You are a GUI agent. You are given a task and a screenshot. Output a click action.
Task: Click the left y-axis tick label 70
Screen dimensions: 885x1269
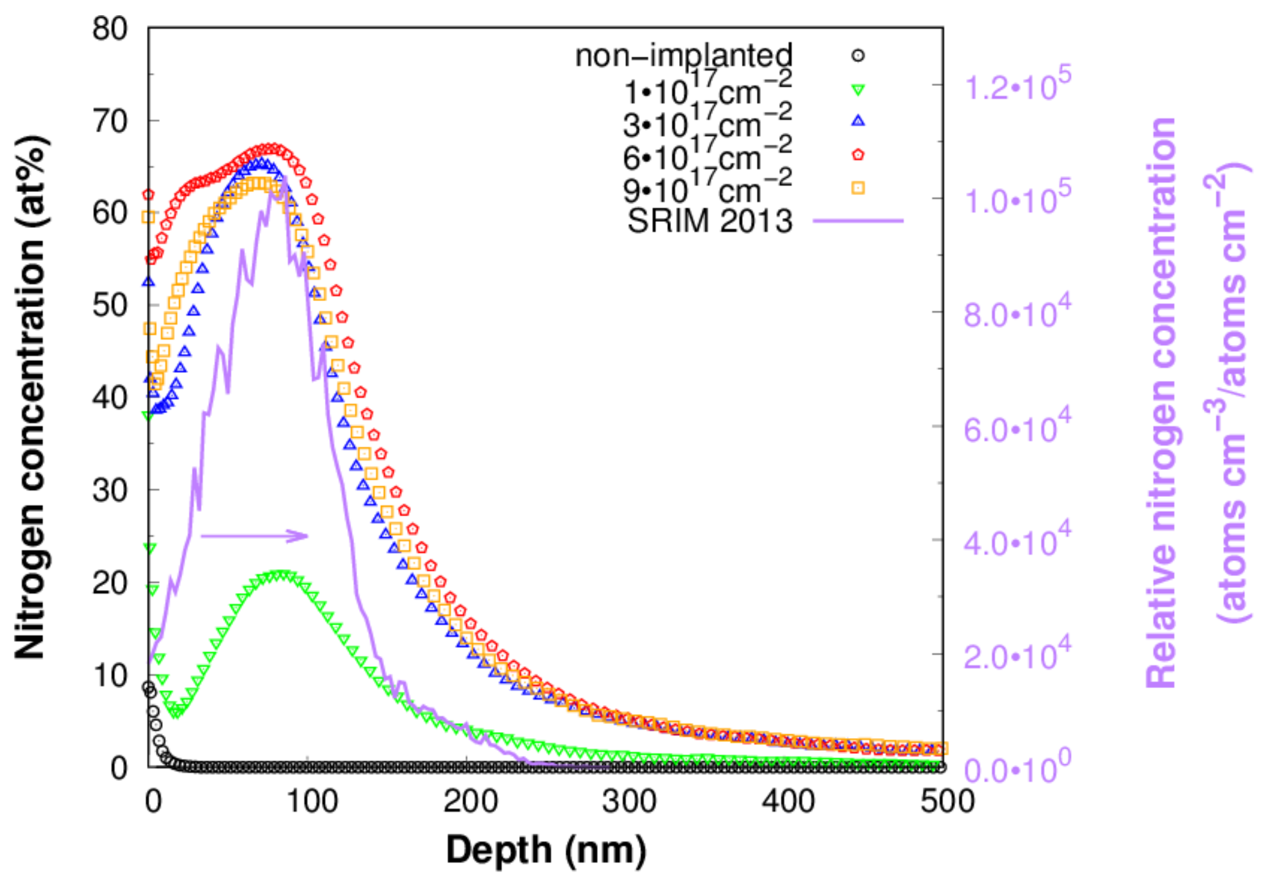110,121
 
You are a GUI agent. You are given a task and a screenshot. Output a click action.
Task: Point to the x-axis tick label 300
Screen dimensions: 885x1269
629,801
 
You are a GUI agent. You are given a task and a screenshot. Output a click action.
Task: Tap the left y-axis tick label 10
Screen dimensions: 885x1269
110,675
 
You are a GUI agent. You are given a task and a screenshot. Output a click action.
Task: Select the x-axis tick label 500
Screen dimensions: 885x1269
947,801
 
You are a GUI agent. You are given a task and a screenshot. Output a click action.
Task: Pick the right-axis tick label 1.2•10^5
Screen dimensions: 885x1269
1017,85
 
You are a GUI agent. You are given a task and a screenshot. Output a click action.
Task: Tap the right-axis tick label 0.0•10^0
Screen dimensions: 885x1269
1017,769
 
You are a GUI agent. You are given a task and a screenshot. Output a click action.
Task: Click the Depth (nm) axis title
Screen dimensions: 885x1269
546,849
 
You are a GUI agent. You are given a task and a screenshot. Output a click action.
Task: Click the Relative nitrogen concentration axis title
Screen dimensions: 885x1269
1161,402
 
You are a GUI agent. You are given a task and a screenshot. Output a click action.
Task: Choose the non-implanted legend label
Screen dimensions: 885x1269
683,55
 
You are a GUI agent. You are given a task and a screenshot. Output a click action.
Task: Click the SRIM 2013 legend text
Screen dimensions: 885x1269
709,221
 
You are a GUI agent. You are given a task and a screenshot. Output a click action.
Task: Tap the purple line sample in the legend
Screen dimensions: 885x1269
858,220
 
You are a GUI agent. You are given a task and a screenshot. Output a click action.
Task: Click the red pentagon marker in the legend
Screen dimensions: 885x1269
858,155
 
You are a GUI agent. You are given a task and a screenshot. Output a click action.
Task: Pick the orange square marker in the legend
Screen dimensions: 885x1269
858,188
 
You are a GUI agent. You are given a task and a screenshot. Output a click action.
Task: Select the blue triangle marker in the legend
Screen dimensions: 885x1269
858,121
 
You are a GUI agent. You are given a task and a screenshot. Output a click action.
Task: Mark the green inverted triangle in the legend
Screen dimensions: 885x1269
858,90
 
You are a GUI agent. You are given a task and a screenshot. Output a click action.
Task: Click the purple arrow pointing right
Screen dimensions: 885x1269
254,536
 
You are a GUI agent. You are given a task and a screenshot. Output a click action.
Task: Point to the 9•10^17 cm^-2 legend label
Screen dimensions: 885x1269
707,188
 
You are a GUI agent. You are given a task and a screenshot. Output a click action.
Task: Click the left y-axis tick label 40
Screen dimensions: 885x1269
110,398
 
